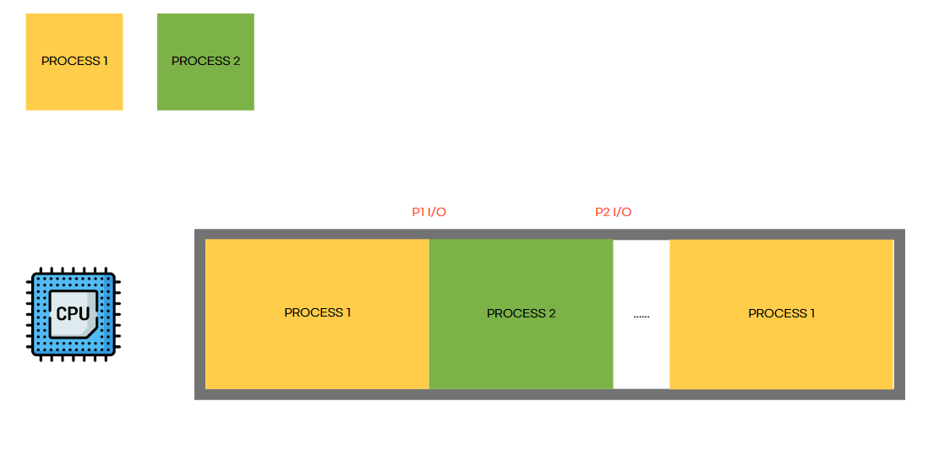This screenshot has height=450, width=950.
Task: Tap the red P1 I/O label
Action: coord(429,212)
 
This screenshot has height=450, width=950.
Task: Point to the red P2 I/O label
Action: coord(613,212)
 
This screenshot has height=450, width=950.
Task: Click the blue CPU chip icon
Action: coord(74,315)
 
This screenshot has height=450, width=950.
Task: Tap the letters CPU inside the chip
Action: coord(73,314)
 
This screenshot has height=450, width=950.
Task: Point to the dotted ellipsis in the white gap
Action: coord(642,316)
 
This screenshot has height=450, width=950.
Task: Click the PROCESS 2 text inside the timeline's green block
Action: coord(521,313)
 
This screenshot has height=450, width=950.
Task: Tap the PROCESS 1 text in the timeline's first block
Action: coord(317,312)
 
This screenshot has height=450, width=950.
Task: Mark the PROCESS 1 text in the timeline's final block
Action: coord(781,313)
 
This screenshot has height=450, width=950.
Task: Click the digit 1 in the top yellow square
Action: coord(106,61)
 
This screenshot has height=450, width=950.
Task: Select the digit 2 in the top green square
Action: coord(237,61)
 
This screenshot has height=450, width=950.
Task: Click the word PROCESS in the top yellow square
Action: coord(70,61)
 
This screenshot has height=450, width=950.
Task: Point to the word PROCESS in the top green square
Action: coord(200,61)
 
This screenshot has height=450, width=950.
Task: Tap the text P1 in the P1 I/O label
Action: coord(418,212)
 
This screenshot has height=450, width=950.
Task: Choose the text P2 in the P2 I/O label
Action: coord(602,212)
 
